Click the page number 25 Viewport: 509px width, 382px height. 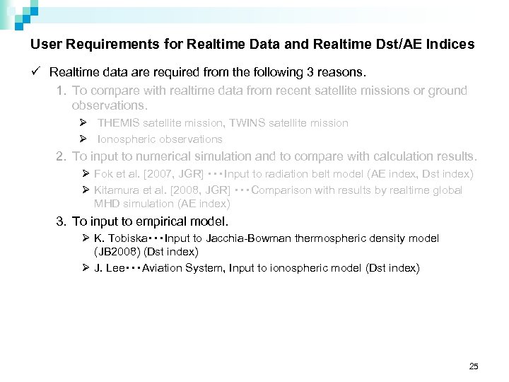[x=474, y=366]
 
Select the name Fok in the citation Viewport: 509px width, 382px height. [x=104, y=174]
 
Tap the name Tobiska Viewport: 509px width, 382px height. [x=129, y=238]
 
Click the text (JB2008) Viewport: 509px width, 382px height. [x=117, y=252]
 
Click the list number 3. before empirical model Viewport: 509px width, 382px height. [x=62, y=221]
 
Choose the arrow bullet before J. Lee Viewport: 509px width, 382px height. [x=86, y=268]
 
